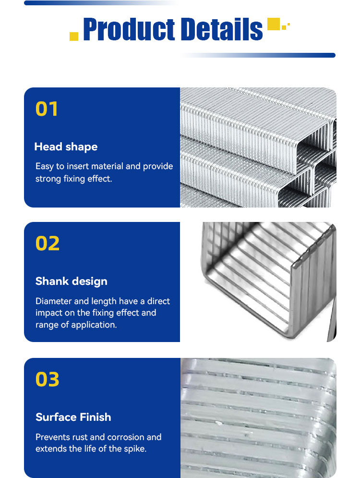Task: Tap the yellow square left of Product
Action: click(74, 37)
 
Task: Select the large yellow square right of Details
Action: click(274, 24)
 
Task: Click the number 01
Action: click(47, 109)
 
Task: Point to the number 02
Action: click(48, 244)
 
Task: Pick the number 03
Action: click(47, 379)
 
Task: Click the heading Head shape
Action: click(66, 147)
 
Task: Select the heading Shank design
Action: click(71, 282)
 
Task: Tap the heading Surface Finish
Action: click(73, 417)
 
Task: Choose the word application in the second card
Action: click(94, 325)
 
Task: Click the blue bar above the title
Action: click(102, 3)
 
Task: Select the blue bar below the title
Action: click(258, 55)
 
